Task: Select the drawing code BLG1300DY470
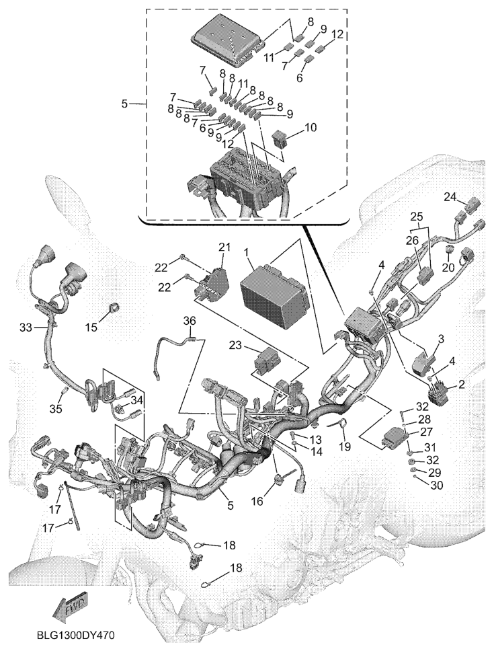(x=75, y=636)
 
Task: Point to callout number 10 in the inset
(x=311, y=127)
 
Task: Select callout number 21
(x=224, y=248)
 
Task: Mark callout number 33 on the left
(x=26, y=328)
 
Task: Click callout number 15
(x=91, y=327)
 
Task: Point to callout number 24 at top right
(x=450, y=196)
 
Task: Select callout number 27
(x=426, y=432)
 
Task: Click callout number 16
(x=257, y=501)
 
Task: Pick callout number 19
(x=345, y=447)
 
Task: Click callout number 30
(x=437, y=485)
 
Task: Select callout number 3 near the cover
(x=441, y=339)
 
